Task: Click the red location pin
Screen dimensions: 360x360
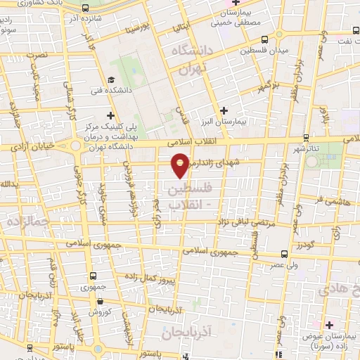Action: tap(181, 165)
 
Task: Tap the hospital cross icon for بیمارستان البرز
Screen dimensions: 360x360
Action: tap(224, 110)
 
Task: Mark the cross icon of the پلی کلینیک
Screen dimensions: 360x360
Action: tap(109, 115)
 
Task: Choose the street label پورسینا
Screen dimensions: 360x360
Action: tap(138, 29)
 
